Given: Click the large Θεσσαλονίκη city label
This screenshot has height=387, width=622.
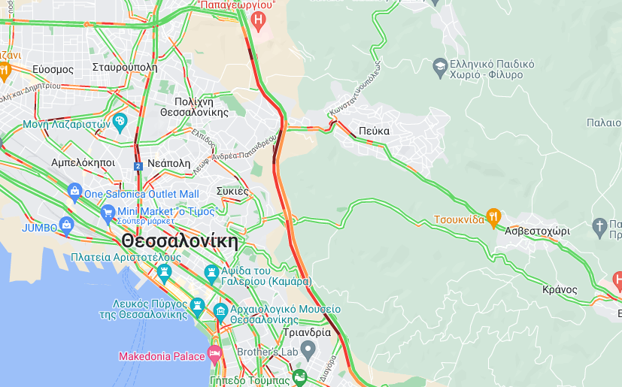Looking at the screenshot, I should click(x=179, y=242).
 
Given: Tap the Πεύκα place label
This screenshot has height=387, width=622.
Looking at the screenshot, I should click(x=374, y=131).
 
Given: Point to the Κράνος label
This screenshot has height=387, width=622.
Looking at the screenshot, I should click(x=560, y=289).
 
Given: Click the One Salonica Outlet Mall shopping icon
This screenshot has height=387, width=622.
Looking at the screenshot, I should click(x=74, y=192).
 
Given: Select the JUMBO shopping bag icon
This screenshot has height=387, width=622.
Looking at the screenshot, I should click(x=67, y=224).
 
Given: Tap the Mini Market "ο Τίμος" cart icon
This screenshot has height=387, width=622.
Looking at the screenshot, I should click(x=108, y=212).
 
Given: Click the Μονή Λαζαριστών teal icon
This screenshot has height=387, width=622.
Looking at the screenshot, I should click(x=120, y=122).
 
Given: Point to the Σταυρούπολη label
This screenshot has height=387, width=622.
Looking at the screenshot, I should click(x=125, y=67).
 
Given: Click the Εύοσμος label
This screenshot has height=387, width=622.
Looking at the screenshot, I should click(x=53, y=69).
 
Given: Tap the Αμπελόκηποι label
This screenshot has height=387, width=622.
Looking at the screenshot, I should click(x=83, y=162).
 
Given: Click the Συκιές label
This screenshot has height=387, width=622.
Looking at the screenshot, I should click(x=232, y=191).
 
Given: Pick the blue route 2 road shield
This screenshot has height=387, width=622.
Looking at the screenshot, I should click(x=138, y=166).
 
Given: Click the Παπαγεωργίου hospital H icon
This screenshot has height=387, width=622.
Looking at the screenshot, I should click(x=259, y=20).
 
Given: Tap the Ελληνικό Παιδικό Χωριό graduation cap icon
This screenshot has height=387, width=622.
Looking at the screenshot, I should click(x=439, y=68).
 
